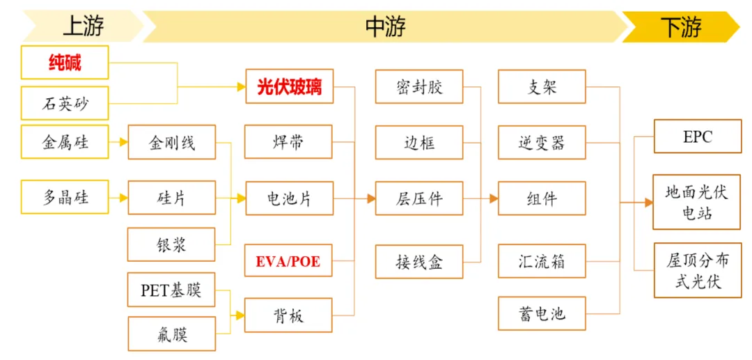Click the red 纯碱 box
pos(65,63)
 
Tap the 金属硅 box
pos(65,142)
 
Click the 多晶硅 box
pos(65,198)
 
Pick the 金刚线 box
pos(171,142)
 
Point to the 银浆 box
pos(171,244)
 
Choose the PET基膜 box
pos(171,290)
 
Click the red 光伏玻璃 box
pos(289,87)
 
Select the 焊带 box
pos(289,142)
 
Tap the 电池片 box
pos(289,198)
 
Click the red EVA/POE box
pos(289,262)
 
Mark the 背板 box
pos(289,315)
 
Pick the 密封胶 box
pos(419,87)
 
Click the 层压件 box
pos(419,198)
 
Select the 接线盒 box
pos(419,262)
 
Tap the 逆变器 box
pos(542,143)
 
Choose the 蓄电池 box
pos(542,313)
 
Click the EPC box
pos(697,136)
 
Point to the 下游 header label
pos(680,26)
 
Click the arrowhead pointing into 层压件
pos(371,198)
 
